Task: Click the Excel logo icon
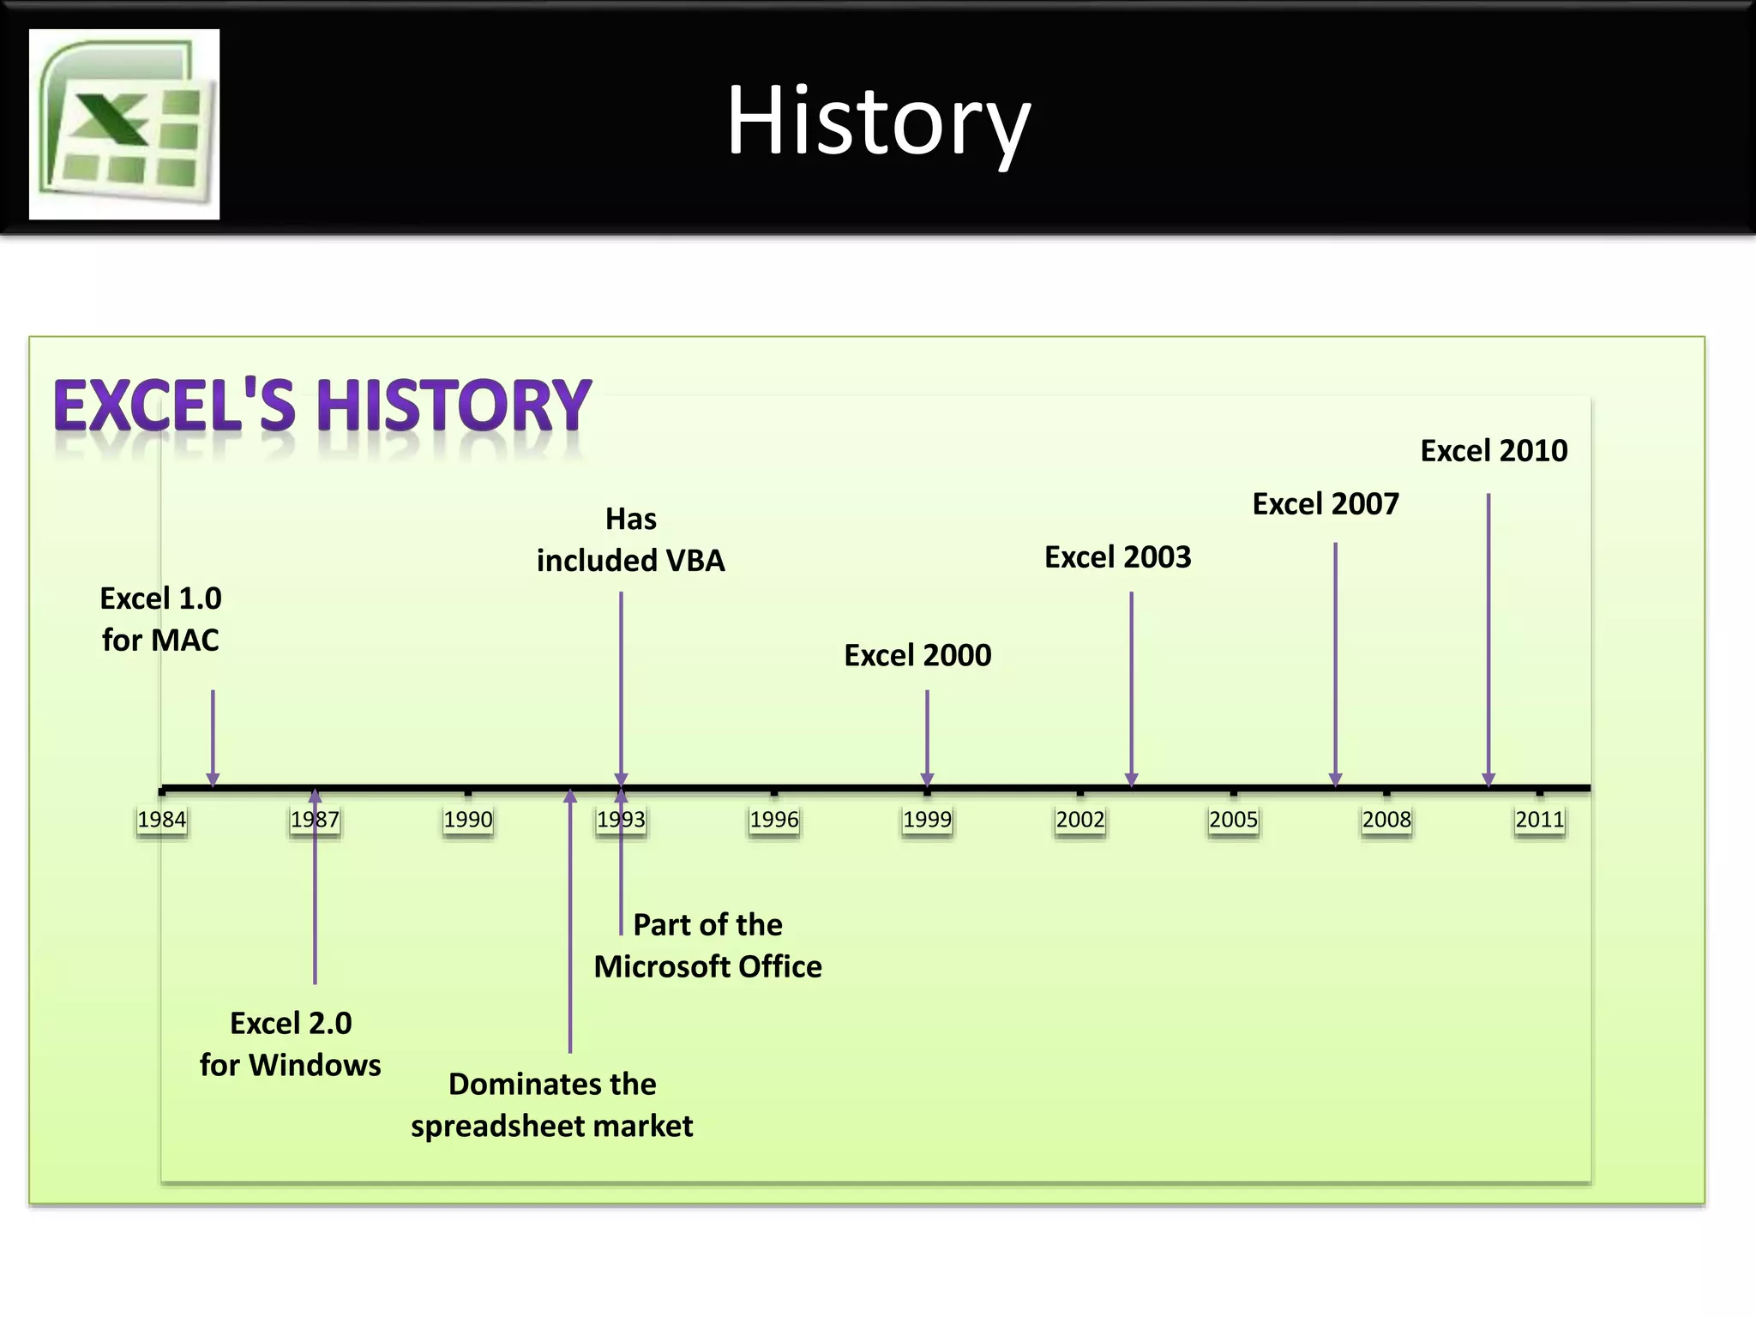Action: (124, 124)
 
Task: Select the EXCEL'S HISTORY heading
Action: (322, 406)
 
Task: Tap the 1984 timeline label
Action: (162, 820)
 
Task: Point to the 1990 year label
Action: (468, 820)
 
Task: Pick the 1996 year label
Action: (774, 820)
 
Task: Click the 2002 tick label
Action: (1080, 820)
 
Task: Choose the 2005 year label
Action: (1233, 820)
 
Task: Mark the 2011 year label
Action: (1540, 820)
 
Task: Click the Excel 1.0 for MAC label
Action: (161, 619)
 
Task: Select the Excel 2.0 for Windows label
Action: (291, 1043)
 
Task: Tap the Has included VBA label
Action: (631, 540)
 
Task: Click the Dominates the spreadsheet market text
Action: (552, 1104)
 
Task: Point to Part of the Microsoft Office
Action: (708, 946)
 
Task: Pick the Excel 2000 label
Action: (917, 656)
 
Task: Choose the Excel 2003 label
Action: (1118, 557)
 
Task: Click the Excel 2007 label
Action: (1326, 504)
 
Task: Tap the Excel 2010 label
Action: (1494, 451)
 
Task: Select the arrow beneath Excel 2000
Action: (927, 737)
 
